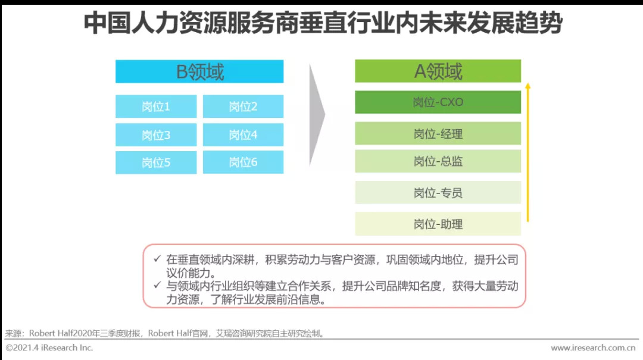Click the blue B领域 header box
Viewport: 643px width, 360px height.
(x=199, y=71)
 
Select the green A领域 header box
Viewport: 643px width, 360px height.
(x=438, y=71)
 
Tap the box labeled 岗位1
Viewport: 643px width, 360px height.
(x=156, y=107)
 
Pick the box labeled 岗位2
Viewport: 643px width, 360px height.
(x=243, y=107)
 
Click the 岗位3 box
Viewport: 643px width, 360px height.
(x=156, y=135)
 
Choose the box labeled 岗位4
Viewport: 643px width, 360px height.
(x=243, y=135)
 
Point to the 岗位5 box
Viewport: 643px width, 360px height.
(x=156, y=162)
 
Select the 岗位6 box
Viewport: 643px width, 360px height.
(x=243, y=162)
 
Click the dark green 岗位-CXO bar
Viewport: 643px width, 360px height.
(x=438, y=102)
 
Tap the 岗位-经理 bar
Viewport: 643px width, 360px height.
(x=438, y=133)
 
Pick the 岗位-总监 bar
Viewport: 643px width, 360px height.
(x=438, y=161)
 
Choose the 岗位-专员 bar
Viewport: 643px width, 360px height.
(x=438, y=192)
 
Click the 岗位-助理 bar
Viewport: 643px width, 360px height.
(x=438, y=224)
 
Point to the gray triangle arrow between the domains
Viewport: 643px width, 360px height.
(x=317, y=115)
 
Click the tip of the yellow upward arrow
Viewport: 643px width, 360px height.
(x=527, y=83)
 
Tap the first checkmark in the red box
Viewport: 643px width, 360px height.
(x=157, y=259)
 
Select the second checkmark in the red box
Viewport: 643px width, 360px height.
(x=157, y=285)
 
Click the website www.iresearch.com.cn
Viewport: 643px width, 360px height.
(x=593, y=348)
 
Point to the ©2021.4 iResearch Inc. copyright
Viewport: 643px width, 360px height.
(x=49, y=348)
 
